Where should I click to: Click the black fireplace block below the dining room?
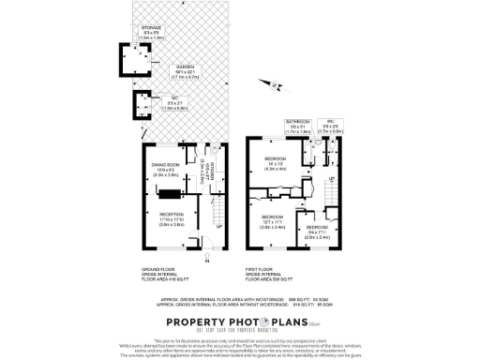click(170, 195)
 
